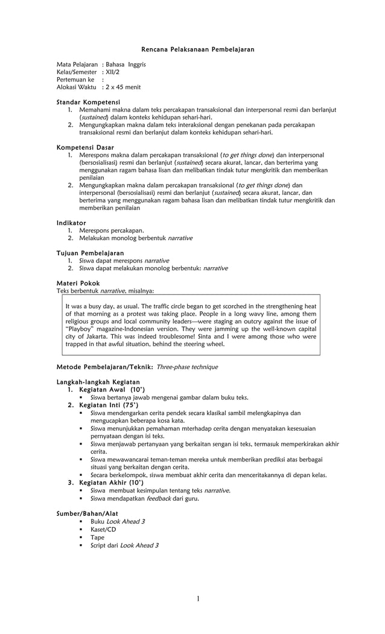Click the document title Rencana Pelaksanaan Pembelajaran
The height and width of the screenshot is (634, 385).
coord(197,48)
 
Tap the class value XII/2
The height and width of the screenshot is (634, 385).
coord(113,72)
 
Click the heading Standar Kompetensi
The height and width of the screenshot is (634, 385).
coord(88,102)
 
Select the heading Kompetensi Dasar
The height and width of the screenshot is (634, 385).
coord(85,147)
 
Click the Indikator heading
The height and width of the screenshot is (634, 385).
coord(71,223)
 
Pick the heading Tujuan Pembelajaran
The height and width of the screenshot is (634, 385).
coord(90,253)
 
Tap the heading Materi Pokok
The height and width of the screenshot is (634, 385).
coord(78,283)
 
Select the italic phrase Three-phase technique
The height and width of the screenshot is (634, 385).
coord(187,367)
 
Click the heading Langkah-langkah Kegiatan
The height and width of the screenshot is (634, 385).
coord(98,382)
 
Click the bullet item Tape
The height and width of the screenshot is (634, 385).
coord(97,537)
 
